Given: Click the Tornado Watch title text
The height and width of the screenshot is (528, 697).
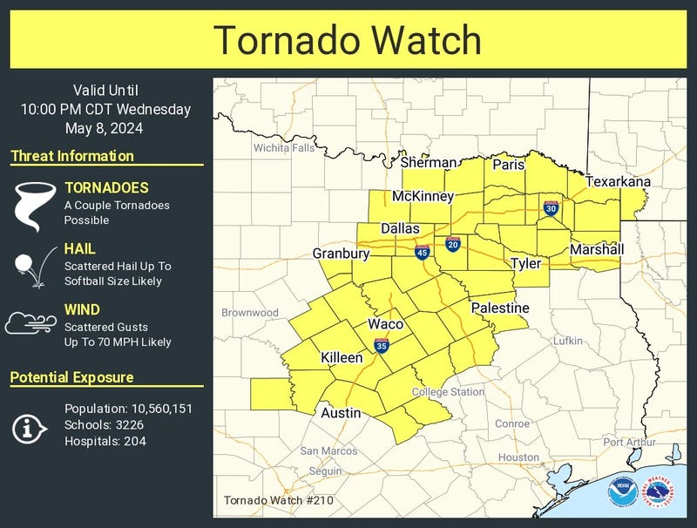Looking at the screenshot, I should [348, 40].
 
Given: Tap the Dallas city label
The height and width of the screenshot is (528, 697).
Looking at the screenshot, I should [400, 229].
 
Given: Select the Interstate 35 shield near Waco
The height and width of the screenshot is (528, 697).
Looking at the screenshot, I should [382, 346].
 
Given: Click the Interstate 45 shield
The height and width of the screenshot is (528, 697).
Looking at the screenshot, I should [422, 253].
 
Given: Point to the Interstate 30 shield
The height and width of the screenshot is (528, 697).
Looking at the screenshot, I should [551, 208].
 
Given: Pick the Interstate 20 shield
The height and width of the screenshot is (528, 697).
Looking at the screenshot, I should [453, 243].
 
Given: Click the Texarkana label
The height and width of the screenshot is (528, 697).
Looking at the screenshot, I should [618, 181].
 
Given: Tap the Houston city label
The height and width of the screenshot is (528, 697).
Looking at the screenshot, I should [518, 457].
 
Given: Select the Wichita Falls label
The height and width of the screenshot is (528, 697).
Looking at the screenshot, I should [284, 148].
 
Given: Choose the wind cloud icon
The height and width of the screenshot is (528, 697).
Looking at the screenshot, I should [30, 323].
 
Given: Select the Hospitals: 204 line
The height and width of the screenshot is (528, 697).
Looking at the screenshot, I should [105, 442].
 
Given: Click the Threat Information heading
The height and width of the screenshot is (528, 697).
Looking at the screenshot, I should [72, 157].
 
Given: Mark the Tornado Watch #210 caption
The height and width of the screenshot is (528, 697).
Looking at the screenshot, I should [278, 500].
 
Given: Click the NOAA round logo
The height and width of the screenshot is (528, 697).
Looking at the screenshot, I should [622, 488].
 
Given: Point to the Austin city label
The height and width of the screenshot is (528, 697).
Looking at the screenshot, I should [341, 413].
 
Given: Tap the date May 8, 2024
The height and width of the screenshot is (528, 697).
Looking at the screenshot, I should [105, 128].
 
